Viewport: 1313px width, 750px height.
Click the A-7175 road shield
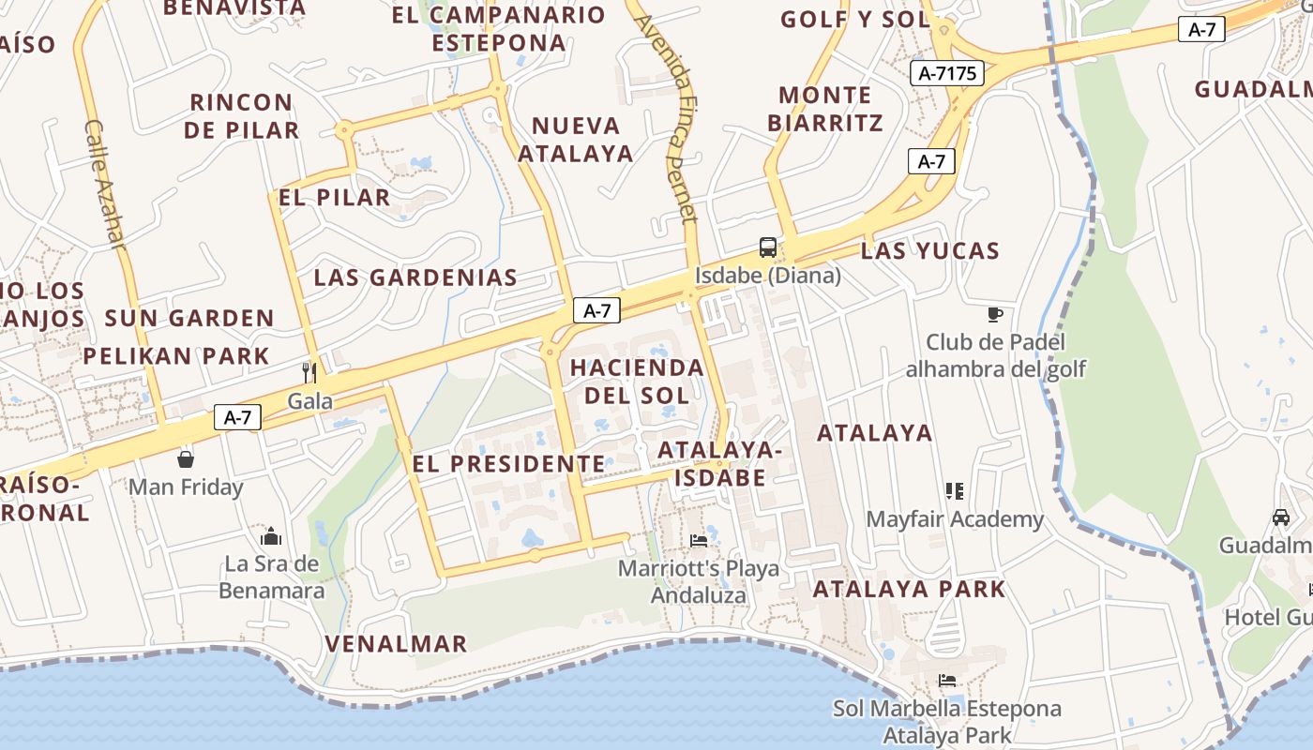click(947, 73)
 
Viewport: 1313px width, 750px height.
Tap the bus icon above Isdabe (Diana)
click(767, 247)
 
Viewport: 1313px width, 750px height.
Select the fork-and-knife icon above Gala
click(309, 373)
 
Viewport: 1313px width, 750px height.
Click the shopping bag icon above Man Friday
click(186, 458)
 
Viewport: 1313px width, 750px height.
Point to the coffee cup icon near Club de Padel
click(995, 314)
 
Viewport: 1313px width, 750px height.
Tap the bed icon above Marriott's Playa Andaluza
click(699, 540)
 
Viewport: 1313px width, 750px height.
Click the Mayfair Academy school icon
click(955, 490)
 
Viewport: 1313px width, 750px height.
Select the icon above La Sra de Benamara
click(272, 535)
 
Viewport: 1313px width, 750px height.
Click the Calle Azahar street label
click(104, 184)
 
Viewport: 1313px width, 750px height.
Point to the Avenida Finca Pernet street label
click(671, 118)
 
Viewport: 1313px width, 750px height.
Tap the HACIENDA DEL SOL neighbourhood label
click(637, 381)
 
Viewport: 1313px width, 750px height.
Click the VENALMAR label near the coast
click(396, 643)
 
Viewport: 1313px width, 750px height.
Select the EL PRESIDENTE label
click(508, 463)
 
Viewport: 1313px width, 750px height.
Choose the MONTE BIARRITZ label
click(825, 109)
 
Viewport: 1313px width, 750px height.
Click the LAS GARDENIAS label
click(415, 277)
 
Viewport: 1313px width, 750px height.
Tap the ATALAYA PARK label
click(909, 589)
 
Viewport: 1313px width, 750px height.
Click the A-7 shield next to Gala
click(237, 417)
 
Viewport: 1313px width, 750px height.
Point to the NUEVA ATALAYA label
click(576, 139)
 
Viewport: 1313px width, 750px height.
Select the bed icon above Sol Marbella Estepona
click(947, 681)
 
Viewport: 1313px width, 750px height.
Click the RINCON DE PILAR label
click(242, 115)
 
